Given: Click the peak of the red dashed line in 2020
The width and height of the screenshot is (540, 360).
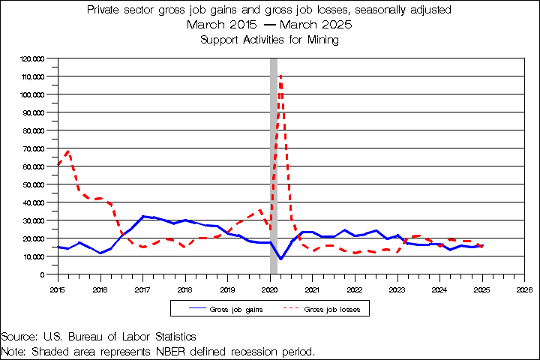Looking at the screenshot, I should coord(280,76).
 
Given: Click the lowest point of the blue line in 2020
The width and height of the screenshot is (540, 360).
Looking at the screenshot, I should coord(280,259).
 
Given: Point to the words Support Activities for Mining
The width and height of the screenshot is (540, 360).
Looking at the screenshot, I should coord(270,40).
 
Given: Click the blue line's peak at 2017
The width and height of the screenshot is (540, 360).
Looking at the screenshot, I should coord(143,216).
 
